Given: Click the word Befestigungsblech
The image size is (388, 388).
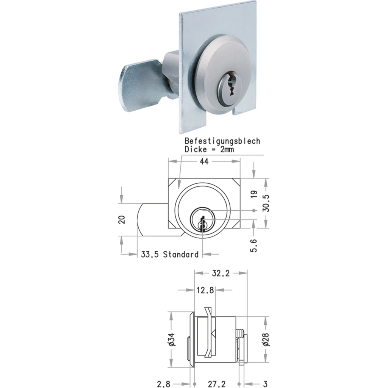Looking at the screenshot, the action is pos(222,141).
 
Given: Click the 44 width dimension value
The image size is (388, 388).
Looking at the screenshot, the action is pos(204,161).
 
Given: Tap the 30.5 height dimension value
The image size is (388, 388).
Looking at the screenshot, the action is pos(266,203).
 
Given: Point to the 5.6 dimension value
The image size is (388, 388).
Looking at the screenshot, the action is pos(254,245).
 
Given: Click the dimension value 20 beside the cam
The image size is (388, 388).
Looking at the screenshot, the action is pos(122,220).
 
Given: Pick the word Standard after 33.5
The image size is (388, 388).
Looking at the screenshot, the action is pos(181,254).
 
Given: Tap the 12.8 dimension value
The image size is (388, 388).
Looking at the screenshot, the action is pos(205,290).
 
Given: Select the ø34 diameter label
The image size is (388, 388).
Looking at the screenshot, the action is pos(172,339).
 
